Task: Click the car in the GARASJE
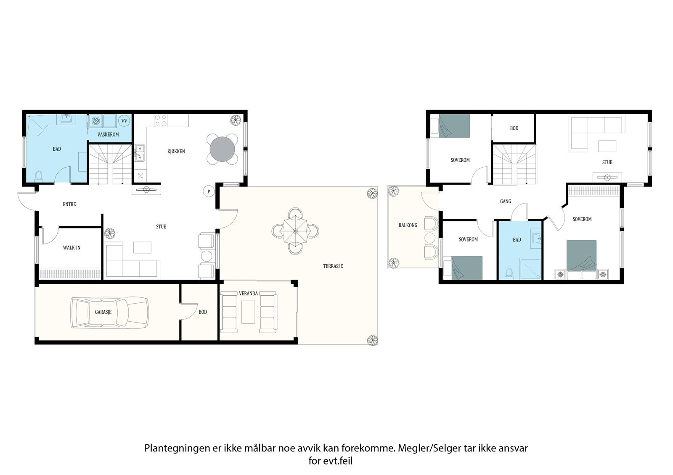click(x=109, y=312)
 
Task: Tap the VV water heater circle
click(x=124, y=121)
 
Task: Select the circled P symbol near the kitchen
click(x=209, y=191)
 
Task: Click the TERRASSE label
click(x=333, y=266)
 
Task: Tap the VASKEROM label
click(x=108, y=134)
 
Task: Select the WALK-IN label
click(x=72, y=248)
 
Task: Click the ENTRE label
click(x=69, y=204)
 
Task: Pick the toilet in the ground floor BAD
click(x=38, y=176)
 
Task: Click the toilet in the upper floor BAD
click(x=509, y=273)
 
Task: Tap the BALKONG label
click(x=408, y=226)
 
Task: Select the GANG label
click(x=505, y=202)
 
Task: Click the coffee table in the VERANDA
click(x=248, y=312)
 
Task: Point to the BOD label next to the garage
click(x=203, y=312)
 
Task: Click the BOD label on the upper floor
click(x=514, y=128)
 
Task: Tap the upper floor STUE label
click(x=607, y=162)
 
